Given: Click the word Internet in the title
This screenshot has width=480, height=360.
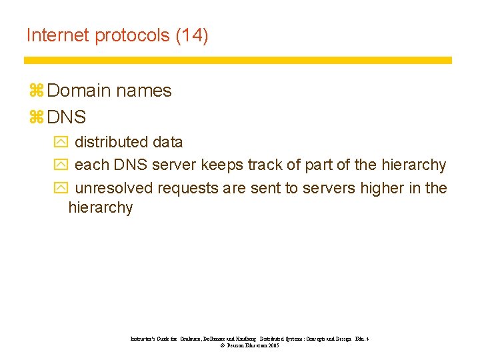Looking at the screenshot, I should tap(58, 35).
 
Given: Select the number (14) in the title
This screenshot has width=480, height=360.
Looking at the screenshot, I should tap(192, 35).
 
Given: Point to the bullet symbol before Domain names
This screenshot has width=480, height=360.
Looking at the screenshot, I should tap(35, 91).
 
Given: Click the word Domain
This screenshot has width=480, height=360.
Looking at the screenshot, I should tap(81, 91).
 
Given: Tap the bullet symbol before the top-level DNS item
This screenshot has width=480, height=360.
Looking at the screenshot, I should tap(35, 118).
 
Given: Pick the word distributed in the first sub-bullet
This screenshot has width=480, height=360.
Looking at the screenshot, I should tap(111, 142).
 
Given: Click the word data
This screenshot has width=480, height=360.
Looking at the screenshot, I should tap(167, 142).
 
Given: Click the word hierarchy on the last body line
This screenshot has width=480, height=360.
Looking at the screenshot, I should tap(101, 208).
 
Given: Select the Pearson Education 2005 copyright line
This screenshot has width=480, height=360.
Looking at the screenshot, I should tap(249, 346).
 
